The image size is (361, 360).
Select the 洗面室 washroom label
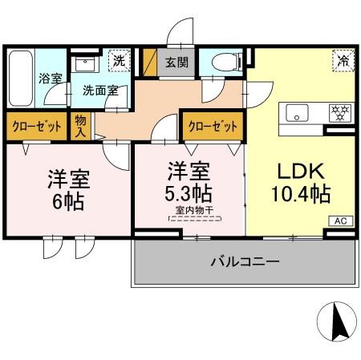click(100, 91)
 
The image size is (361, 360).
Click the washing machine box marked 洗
click(120, 60)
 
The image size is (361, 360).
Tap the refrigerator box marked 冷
click(343, 61)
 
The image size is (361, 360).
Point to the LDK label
click(300, 172)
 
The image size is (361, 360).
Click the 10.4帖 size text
click(300, 195)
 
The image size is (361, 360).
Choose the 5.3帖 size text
click(189, 195)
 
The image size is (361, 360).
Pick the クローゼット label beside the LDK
click(213, 126)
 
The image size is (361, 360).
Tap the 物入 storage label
click(81, 126)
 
